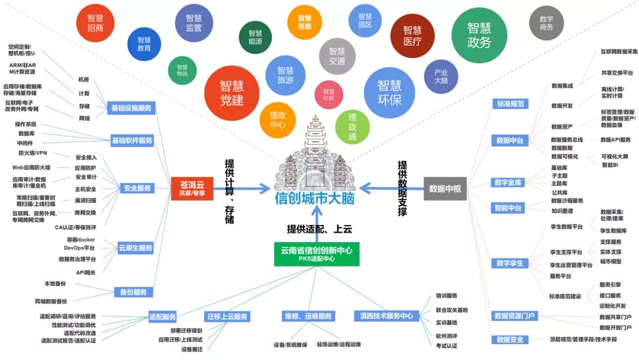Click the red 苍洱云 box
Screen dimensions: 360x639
[192, 188]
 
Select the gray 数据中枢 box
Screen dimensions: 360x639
[445, 188]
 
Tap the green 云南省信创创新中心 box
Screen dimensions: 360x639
[317, 253]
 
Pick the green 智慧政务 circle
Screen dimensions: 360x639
[479, 35]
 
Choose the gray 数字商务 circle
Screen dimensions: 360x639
[546, 23]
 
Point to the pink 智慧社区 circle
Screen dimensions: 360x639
[328, 95]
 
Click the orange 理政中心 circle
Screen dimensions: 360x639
[277, 120]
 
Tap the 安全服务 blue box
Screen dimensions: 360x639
[137, 188]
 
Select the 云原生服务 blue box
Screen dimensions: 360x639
[135, 247]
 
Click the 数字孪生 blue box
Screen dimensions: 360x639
[509, 263]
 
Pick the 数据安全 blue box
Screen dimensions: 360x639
[509, 340]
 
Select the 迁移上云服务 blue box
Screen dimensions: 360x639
[227, 317]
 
